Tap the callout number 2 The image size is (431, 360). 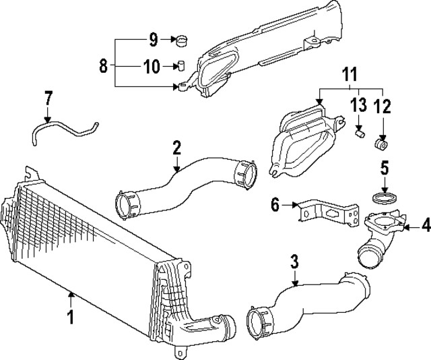click(176, 146)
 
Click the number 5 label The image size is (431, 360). click(385, 167)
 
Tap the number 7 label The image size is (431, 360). click(48, 98)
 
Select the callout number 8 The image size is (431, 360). click(102, 66)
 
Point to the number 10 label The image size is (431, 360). click(151, 66)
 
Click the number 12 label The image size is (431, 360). click(383, 106)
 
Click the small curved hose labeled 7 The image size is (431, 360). click(64, 126)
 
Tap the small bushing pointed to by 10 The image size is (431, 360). click(180, 66)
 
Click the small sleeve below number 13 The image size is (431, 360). click(360, 134)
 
